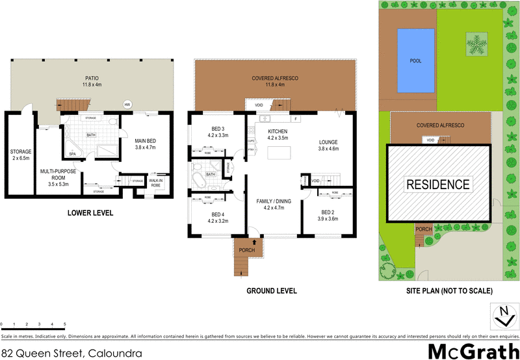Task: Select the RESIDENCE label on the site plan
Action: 437,185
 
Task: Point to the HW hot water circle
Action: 127,104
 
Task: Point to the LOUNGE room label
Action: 329,146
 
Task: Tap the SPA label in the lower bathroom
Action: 72,154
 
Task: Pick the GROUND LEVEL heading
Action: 271,291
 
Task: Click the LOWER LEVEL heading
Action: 90,212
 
